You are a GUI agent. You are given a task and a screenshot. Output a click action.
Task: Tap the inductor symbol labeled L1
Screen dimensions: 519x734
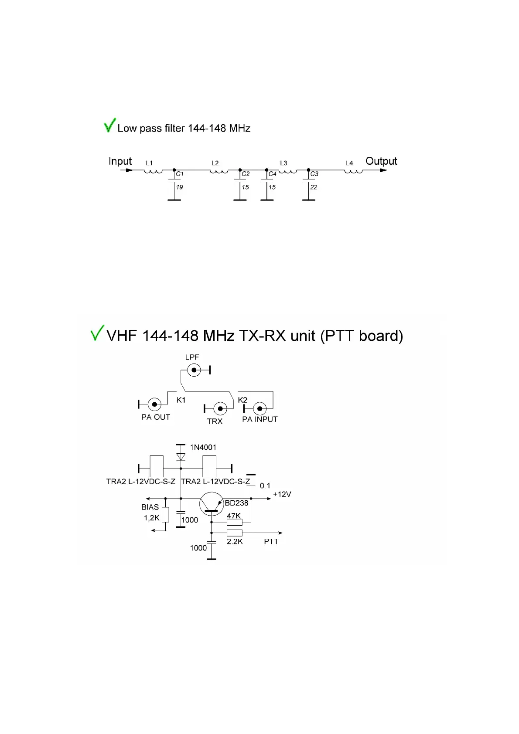pos(153,171)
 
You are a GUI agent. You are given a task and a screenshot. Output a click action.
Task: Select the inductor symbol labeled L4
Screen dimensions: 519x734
pos(353,171)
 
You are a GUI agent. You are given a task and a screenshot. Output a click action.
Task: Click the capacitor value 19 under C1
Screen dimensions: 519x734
pos(179,187)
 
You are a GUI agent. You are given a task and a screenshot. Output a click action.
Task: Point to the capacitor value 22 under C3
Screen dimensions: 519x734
pos(314,187)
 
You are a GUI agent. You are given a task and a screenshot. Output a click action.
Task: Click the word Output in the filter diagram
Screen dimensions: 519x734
pos(381,161)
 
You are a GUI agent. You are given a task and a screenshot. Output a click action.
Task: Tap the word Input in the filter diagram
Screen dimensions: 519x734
pos(120,161)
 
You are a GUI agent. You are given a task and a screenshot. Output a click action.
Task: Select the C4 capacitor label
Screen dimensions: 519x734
pos(273,173)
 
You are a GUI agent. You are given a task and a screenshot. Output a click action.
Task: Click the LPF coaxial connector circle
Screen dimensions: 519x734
pos(194,370)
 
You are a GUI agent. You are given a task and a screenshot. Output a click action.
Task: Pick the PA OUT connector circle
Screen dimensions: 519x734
pos(154,404)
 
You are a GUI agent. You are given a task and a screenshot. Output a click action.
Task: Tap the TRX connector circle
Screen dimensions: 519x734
pos(220,408)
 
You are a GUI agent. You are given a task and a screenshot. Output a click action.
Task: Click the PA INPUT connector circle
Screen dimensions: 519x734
pos(260,408)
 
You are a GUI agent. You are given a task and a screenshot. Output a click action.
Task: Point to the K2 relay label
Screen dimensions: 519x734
pos(242,400)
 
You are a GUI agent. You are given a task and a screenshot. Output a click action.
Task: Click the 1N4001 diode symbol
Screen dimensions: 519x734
pos(181,456)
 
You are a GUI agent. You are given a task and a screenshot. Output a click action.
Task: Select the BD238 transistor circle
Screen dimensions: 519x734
pos(212,504)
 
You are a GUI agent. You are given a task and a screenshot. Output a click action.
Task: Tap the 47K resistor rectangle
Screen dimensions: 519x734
pos(235,522)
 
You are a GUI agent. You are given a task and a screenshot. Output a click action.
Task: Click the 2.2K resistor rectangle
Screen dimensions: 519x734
pos(235,533)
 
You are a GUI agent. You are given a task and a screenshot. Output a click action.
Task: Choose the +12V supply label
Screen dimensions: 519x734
pos(282,494)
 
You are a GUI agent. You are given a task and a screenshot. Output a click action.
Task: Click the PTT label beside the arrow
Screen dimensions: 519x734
pos(271,541)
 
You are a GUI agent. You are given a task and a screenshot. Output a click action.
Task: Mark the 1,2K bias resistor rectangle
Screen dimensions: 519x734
pos(165,515)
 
